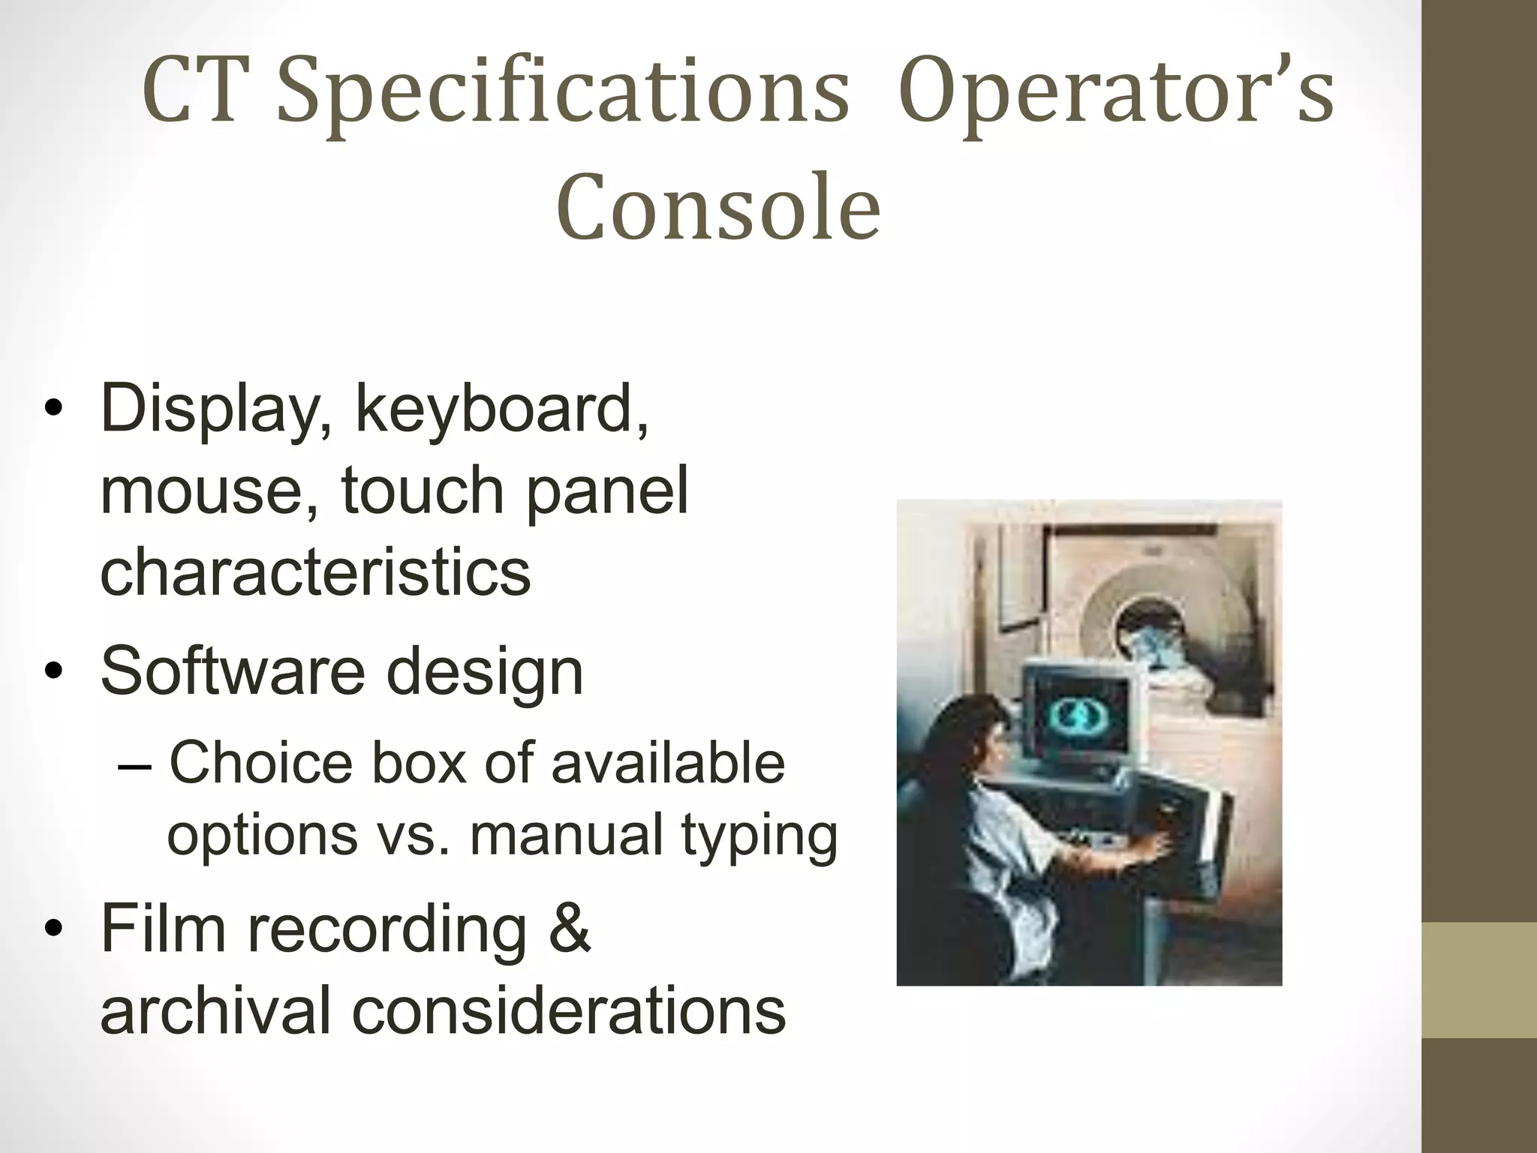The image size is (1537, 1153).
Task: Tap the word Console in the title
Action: click(x=718, y=206)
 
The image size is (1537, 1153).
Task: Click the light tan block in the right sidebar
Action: click(x=1478, y=980)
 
